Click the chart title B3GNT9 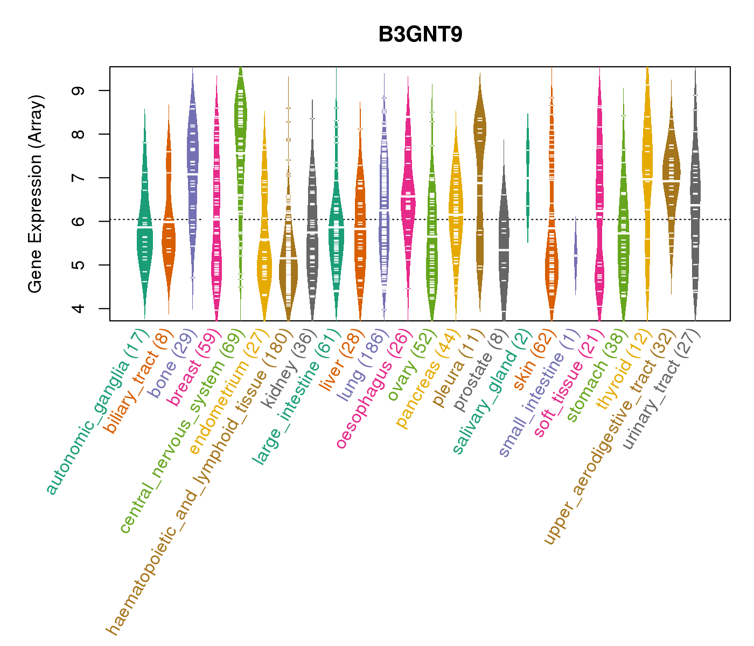pos(420,34)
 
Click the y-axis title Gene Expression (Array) pos(36,194)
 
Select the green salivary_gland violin pos(528,178)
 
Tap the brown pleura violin pos(479,161)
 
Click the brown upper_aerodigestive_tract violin pos(671,178)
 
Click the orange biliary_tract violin pos(169,226)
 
